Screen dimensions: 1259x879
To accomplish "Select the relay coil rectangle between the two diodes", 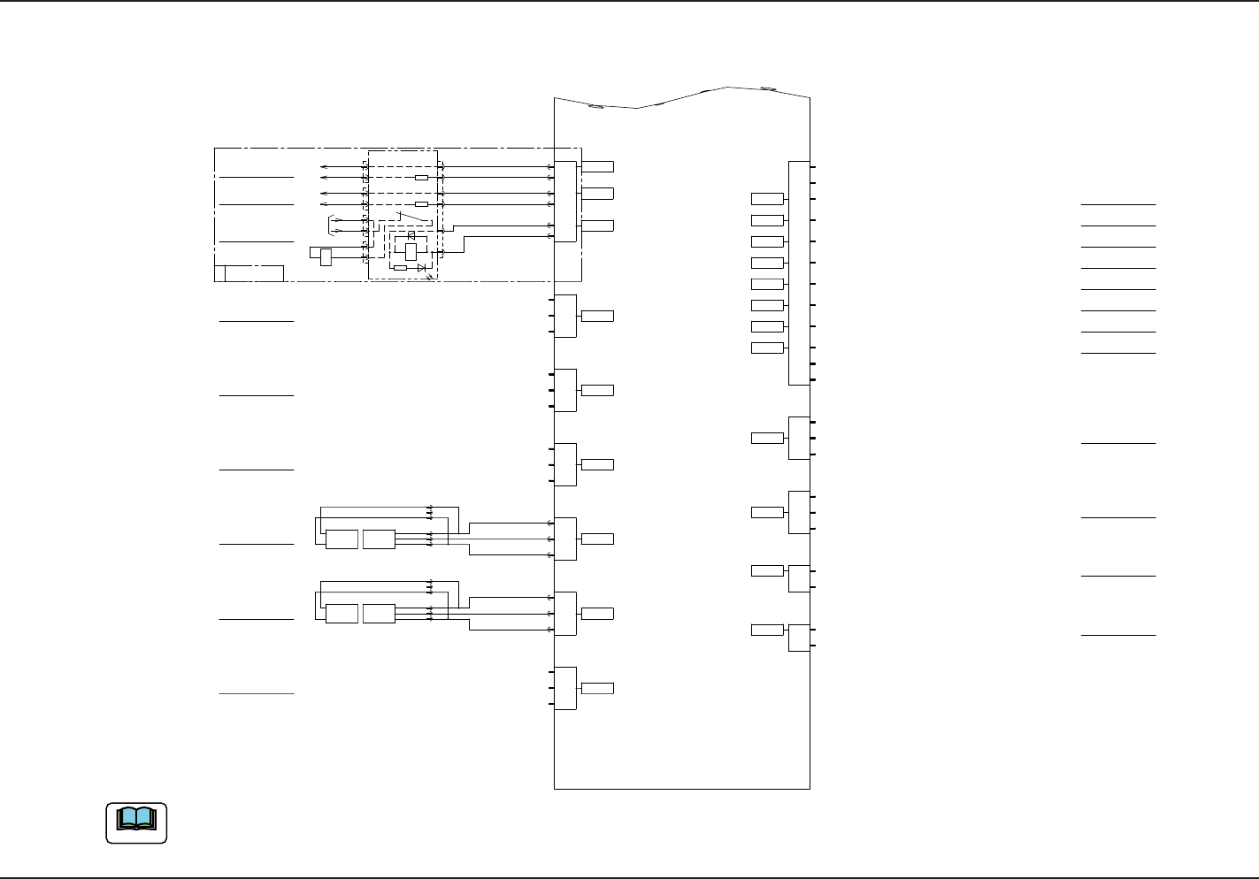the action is pos(411,250).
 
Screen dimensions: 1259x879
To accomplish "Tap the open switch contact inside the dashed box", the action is pos(411,215).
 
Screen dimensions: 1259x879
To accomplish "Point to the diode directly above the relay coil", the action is pos(411,236).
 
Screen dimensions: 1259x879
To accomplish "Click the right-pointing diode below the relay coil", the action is pos(421,267).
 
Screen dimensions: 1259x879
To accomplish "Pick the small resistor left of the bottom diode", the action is pos(400,267).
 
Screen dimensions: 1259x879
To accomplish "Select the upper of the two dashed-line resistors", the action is pos(421,178).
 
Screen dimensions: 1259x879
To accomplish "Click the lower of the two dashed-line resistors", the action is pos(421,204).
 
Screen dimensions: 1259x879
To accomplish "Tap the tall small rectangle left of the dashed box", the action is pos(326,257).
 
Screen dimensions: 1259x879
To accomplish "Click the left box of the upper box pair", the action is pos(342,539).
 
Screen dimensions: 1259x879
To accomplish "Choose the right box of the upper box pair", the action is pos(379,539).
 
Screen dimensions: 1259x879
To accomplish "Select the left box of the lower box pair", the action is pos(342,614).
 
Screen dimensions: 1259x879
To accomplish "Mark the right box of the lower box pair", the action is pos(379,614).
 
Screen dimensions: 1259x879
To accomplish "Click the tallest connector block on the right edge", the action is pos(799,273).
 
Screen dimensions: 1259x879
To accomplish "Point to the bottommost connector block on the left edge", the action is pos(565,688).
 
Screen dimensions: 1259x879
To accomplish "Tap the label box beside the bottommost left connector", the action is pos(598,688).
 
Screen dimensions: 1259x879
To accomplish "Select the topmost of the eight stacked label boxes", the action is pos(767,198).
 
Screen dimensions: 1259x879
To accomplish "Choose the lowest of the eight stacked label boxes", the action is pos(767,348).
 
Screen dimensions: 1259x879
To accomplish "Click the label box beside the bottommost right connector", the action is pos(767,630).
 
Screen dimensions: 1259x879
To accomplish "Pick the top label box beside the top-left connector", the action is pos(598,166).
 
